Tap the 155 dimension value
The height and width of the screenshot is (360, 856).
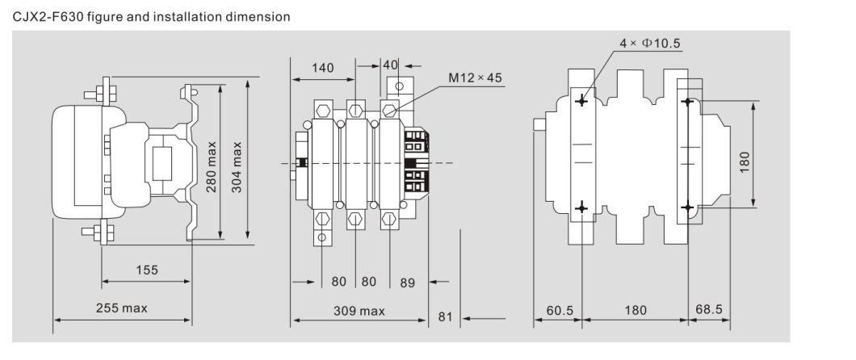pyautogui.click(x=147, y=269)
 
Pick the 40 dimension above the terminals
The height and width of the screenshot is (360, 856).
pyautogui.click(x=391, y=65)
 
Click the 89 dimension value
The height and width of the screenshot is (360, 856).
pyautogui.click(x=407, y=283)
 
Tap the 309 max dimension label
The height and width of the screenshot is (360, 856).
pyautogui.click(x=361, y=311)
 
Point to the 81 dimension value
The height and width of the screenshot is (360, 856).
pyautogui.click(x=445, y=316)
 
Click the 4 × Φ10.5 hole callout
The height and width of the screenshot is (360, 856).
pyautogui.click(x=650, y=43)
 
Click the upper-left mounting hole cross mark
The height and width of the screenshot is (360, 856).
pyautogui.click(x=581, y=102)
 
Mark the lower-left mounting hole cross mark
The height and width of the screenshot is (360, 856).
pyautogui.click(x=581, y=209)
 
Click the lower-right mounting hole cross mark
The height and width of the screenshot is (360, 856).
pyautogui.click(x=687, y=209)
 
